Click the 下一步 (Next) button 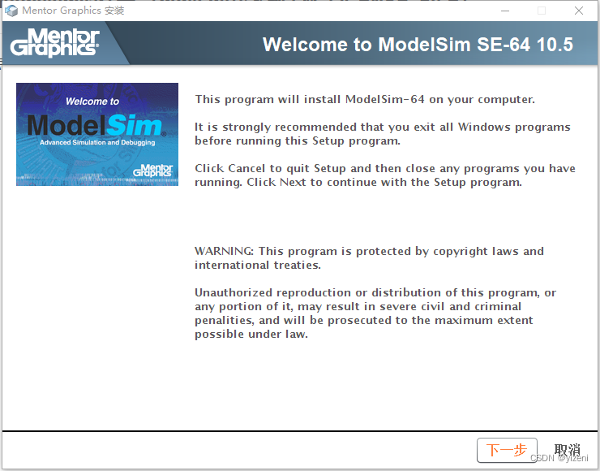[x=506, y=450]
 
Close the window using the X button [x=579, y=11]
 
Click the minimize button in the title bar [x=504, y=11]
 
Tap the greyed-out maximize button [x=542, y=11]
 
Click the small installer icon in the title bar [x=11, y=11]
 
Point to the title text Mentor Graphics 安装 [x=73, y=11]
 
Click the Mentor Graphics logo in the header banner [x=55, y=43]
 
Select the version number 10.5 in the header [x=557, y=45]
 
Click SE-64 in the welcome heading [x=499, y=45]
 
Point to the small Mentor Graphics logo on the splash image [x=152, y=170]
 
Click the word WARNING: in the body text [x=224, y=251]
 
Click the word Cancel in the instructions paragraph [x=247, y=168]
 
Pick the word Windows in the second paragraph [x=485, y=127]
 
